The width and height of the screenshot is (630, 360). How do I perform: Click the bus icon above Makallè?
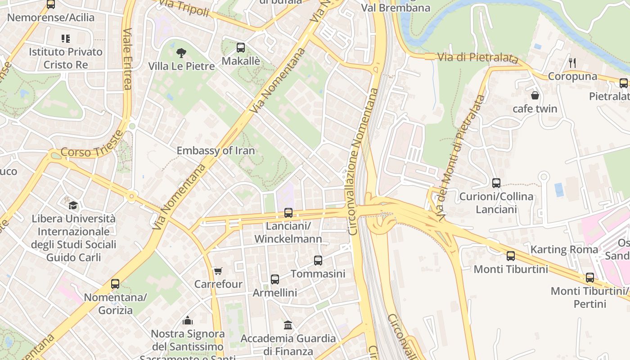(241, 47)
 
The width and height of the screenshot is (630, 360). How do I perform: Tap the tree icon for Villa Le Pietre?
(181, 53)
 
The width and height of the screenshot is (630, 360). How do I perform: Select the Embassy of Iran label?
(216, 151)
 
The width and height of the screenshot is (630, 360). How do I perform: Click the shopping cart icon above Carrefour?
(218, 271)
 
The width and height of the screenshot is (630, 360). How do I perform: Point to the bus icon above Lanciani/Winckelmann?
(288, 213)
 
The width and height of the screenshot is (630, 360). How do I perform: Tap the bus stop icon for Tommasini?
(318, 261)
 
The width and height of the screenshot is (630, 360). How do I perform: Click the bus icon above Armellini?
(275, 279)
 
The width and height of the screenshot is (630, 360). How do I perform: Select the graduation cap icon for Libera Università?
(73, 206)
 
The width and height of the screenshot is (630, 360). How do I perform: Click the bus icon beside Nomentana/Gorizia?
(115, 284)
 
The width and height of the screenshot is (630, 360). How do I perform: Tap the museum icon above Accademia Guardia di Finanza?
(288, 325)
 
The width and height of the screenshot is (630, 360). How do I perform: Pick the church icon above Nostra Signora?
(188, 320)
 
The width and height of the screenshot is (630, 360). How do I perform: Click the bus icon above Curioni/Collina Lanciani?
(496, 183)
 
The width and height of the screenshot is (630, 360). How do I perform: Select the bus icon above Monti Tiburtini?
(511, 256)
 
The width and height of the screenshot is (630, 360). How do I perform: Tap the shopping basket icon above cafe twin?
(535, 95)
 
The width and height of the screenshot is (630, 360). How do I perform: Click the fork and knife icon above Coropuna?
(572, 63)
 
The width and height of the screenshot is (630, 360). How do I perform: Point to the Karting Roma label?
(564, 249)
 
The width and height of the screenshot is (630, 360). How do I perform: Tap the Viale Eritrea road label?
(127, 59)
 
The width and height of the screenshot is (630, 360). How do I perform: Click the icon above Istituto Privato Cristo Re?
(66, 39)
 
